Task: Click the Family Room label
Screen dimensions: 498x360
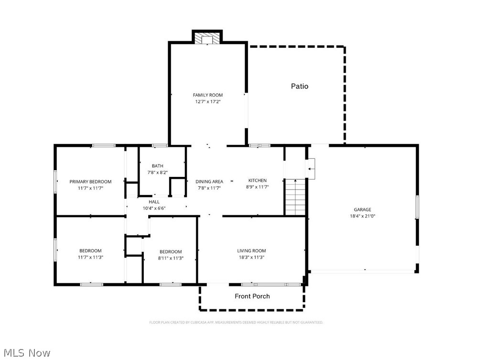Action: pos(208,95)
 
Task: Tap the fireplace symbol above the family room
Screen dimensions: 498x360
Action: pos(207,39)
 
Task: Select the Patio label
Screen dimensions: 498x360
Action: pos(300,86)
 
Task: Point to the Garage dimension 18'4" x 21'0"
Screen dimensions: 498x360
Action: pos(362,216)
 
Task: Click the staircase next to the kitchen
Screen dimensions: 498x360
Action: pos(295,197)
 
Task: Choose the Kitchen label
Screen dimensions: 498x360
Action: pos(257,180)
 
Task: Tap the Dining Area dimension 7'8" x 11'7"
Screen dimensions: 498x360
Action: pos(209,188)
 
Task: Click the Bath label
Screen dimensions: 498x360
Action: pos(158,166)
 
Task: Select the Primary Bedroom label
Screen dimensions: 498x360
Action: pos(90,182)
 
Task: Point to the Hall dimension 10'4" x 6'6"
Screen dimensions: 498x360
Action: pos(154,208)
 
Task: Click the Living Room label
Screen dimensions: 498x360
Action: pos(251,251)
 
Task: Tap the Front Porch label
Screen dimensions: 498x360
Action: pos(252,296)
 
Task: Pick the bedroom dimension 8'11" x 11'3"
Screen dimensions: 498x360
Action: pos(171,258)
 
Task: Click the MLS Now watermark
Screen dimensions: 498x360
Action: pos(27,353)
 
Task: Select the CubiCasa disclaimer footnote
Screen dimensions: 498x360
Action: pos(236,323)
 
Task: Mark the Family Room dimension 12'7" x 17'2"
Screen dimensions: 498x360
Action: pos(208,102)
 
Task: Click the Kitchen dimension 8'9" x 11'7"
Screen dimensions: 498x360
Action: pos(257,187)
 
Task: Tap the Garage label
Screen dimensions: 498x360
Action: pos(362,210)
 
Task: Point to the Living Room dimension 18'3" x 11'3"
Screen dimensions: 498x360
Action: pos(251,257)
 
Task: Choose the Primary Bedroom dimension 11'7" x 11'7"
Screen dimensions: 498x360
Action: pos(90,188)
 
